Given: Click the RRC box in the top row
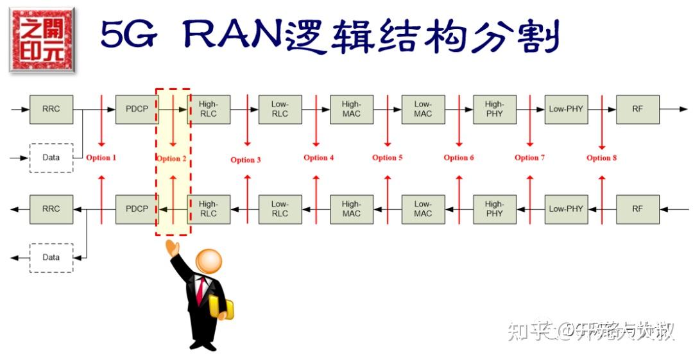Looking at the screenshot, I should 51,109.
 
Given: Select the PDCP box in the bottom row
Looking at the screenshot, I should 137,209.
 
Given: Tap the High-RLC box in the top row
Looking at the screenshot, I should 209,109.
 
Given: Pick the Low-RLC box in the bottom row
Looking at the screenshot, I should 280,209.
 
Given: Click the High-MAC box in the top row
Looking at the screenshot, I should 351,109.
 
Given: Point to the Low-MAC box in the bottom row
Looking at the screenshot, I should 423,209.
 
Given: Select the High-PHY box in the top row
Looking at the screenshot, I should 494,109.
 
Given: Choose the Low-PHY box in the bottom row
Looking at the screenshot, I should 566,209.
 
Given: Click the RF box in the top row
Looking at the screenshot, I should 637,109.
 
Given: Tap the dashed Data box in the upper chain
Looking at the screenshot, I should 51,158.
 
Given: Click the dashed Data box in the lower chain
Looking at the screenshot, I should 51,257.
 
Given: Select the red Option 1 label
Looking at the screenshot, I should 102,158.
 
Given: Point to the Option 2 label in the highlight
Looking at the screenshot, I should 172,159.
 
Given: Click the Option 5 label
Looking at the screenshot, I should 388,158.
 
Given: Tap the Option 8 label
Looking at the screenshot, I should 602,158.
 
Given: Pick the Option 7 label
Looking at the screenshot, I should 530,158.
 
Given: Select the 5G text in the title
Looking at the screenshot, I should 128,36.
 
